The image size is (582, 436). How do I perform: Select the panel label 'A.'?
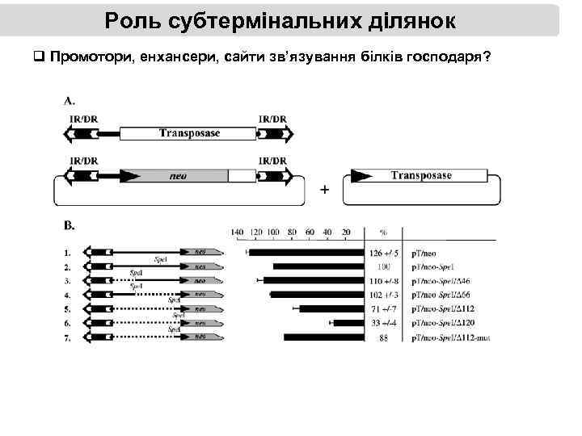(x=70, y=101)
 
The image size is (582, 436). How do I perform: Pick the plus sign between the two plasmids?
(x=325, y=190)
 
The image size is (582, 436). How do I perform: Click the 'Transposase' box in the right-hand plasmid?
(x=420, y=175)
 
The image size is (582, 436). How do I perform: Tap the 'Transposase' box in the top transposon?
(x=188, y=133)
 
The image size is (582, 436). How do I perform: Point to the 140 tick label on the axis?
(x=237, y=232)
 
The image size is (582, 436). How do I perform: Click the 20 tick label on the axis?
(x=346, y=232)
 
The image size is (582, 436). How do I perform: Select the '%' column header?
(x=383, y=233)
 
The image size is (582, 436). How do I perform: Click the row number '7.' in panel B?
(x=67, y=337)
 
